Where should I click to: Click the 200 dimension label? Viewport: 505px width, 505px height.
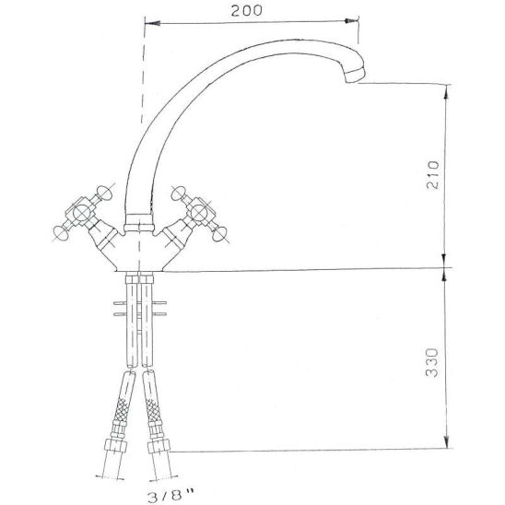(246, 11)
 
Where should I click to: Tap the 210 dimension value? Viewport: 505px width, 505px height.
(432, 175)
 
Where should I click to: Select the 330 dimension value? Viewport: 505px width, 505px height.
(432, 362)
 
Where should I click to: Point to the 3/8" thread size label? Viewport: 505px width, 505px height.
(171, 496)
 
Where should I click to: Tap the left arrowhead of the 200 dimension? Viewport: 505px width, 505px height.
(152, 24)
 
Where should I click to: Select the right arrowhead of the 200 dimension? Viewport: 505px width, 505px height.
(351, 20)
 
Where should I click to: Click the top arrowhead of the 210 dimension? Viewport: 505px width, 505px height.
(446, 91)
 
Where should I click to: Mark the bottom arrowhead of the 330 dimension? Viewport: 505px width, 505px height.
(446, 440)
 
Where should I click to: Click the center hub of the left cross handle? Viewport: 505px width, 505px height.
(81, 213)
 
